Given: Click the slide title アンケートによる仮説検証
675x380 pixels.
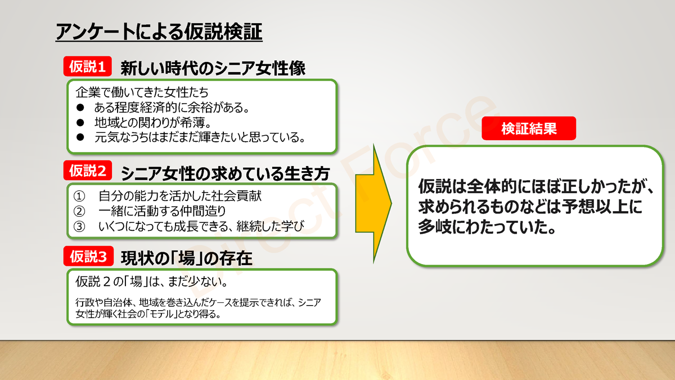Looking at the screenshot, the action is tap(159, 32).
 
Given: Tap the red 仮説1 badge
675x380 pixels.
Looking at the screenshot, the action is tap(87, 66).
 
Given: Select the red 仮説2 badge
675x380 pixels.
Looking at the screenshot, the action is tap(87, 171).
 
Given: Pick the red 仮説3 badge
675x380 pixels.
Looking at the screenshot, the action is tap(88, 256).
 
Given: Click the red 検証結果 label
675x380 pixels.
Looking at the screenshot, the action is tap(529, 128).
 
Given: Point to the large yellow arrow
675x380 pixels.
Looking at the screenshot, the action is tap(373, 204).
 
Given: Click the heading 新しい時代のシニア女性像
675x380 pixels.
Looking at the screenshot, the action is tap(213, 68).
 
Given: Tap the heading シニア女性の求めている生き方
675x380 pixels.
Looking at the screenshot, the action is tap(225, 173).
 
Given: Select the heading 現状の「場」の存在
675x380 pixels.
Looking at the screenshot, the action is tap(186, 258).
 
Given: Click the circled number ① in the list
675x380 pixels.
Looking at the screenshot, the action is tap(79, 196).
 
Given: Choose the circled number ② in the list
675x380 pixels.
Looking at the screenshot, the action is tap(79, 212).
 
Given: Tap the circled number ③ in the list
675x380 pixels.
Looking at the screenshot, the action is tap(79, 226).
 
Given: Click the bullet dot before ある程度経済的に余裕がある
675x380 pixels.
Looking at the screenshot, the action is tap(80, 108).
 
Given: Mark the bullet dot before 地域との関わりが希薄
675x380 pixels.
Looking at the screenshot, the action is tap(80, 123).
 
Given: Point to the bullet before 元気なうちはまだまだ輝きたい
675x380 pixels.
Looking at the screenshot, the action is tap(80, 137).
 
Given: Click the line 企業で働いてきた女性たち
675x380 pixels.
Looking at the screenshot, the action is tap(142, 92).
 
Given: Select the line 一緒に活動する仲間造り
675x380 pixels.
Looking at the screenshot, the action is tap(162, 211).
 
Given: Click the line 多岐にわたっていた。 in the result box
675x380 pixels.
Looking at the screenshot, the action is tap(487, 227).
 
